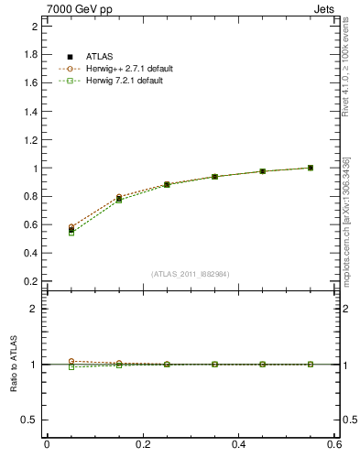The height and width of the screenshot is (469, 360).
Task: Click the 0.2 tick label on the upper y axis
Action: [30, 281]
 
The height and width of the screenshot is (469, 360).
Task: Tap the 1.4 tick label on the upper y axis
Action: [30, 112]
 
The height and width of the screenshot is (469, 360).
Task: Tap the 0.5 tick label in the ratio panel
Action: [30, 420]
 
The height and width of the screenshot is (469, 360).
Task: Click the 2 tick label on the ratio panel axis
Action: [34, 309]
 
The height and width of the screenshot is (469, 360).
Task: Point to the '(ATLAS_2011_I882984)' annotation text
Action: [190, 274]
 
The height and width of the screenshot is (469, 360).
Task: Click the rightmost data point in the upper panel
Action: [311, 168]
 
